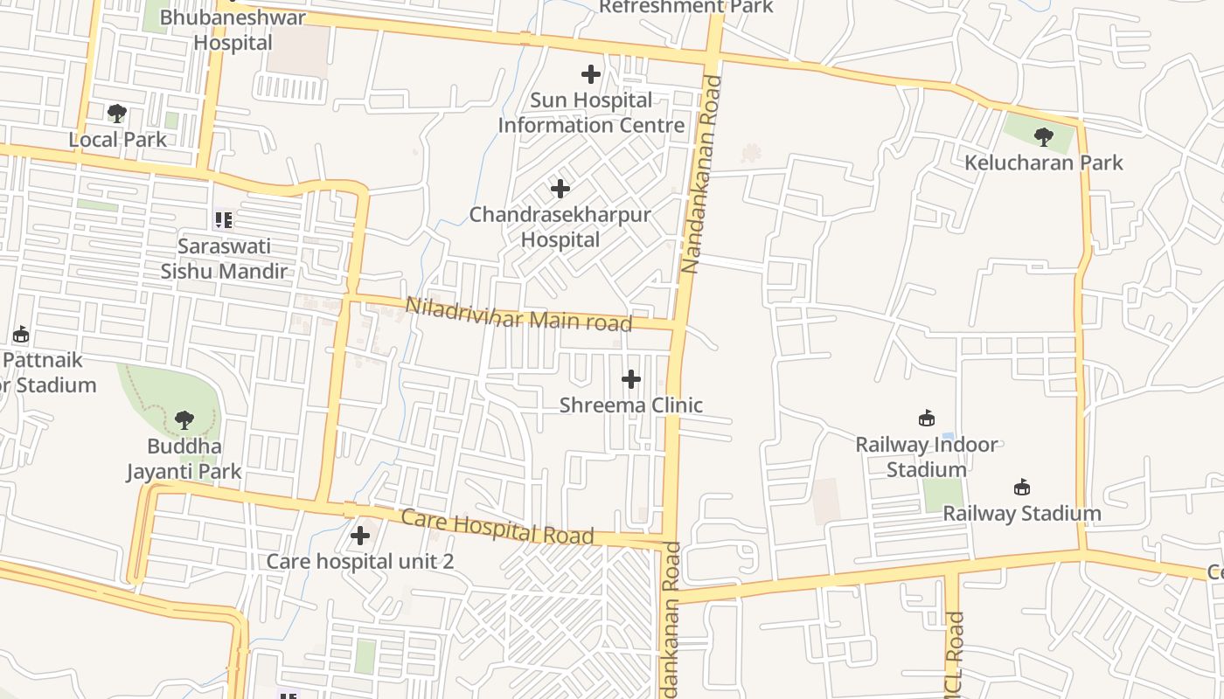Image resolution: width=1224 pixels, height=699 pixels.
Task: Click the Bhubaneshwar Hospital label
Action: coord(233,30)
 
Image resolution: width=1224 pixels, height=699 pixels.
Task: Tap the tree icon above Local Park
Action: coord(116,114)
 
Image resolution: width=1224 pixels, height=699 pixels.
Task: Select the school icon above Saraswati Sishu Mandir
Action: coord(223,219)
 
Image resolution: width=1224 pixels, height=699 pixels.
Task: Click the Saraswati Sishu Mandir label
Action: coord(224,259)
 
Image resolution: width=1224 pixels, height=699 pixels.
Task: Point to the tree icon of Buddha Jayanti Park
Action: coord(184,420)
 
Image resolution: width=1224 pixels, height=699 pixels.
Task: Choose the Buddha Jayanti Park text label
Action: coord(184,460)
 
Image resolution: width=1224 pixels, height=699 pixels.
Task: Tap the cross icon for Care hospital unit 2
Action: coord(359,536)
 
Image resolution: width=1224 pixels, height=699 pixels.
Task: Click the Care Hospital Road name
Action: coord(497,526)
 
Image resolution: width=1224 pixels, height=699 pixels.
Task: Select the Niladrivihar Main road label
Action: coord(518,315)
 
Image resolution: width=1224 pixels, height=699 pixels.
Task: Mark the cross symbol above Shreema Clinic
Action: coord(630,379)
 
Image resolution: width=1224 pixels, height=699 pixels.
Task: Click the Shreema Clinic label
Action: coord(630,405)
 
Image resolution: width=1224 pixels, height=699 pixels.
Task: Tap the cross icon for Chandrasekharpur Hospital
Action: coord(560,188)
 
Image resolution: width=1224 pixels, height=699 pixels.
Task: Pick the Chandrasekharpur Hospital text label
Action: coord(560,227)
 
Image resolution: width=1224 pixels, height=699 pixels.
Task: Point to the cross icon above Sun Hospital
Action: coord(591,74)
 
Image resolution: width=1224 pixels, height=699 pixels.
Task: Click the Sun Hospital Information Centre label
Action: coord(591,113)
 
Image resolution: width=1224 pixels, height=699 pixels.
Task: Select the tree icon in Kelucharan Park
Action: coord(1043,136)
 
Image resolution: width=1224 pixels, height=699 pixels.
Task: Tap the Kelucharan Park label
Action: coord(1043,163)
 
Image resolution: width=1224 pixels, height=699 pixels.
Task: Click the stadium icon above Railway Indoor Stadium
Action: coord(927,419)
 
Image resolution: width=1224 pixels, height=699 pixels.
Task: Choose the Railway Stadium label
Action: coord(1021,513)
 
